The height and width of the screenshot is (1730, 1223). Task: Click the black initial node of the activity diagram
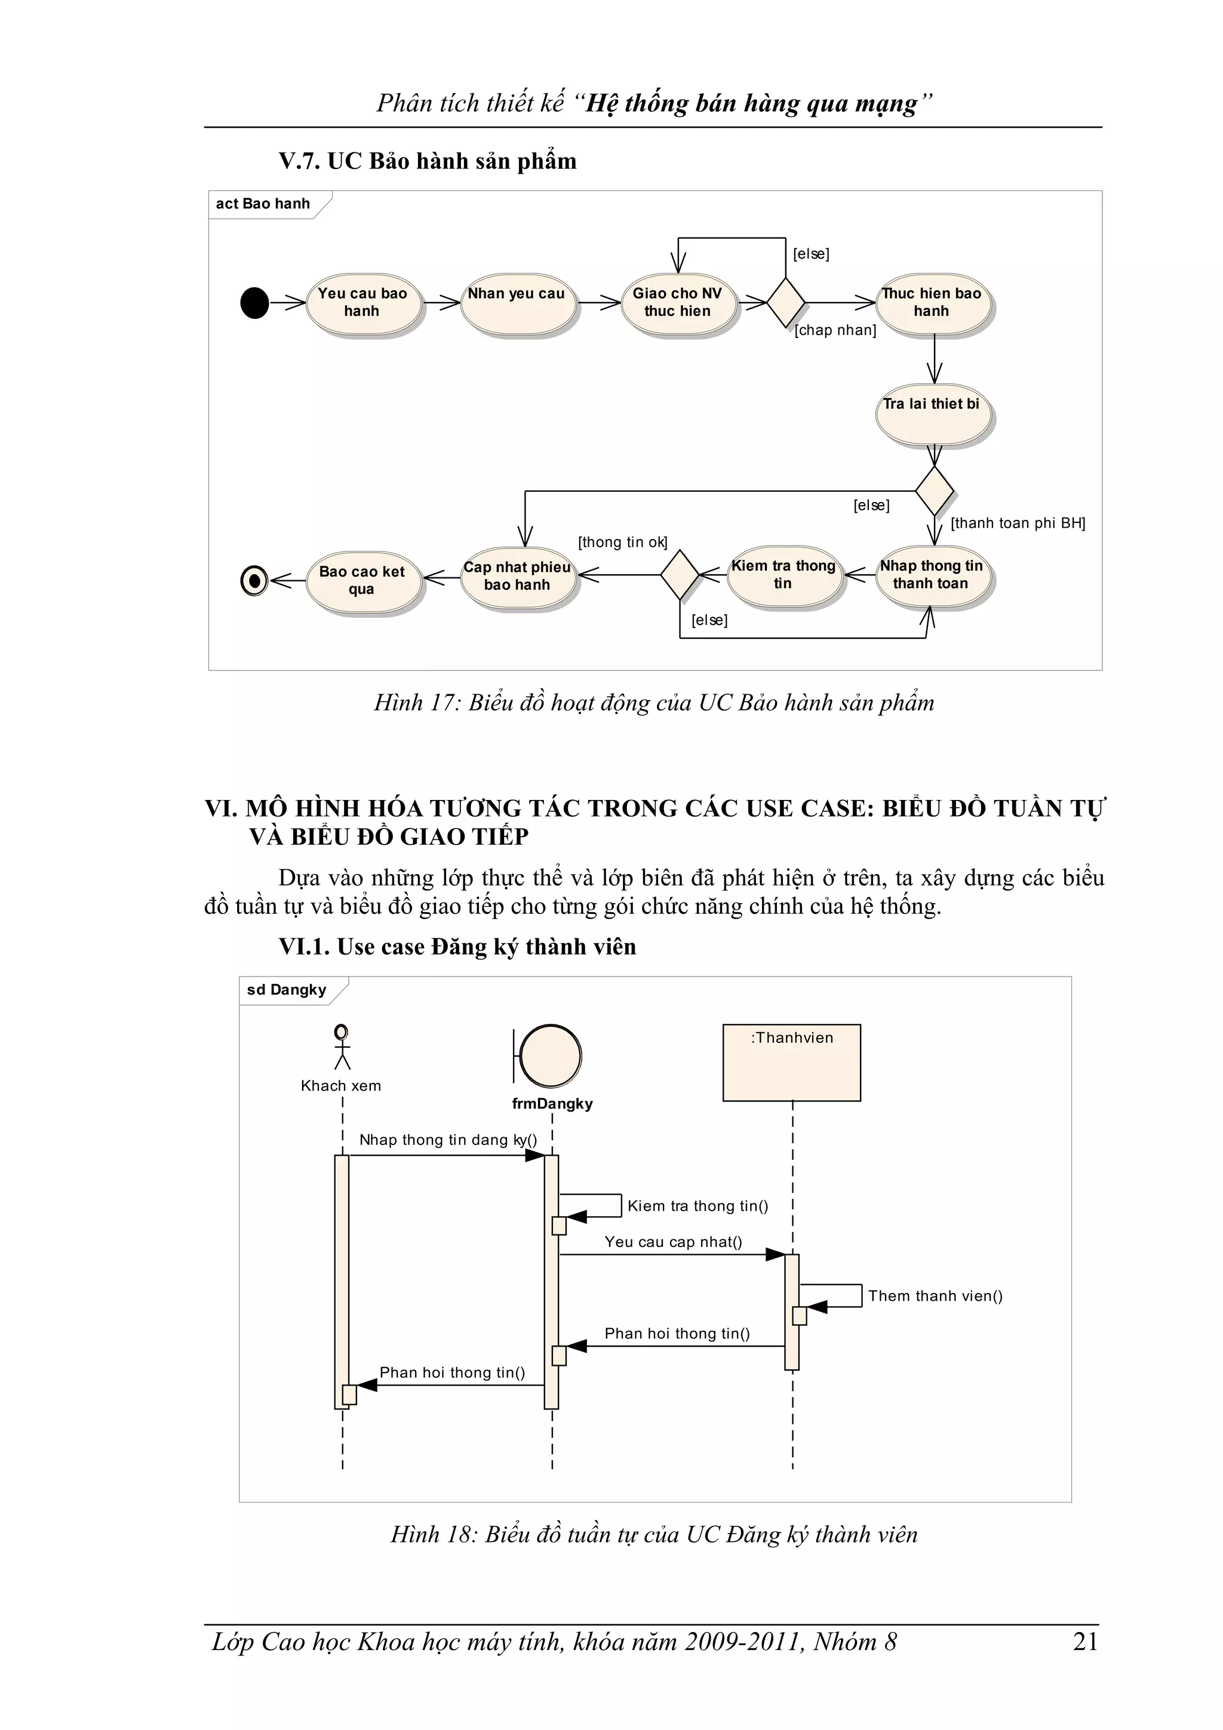click(255, 303)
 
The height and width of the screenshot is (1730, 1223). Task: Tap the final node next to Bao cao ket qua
click(255, 580)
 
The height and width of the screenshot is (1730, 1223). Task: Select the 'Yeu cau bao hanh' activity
click(362, 303)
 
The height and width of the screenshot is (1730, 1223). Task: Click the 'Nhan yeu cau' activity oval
click(517, 303)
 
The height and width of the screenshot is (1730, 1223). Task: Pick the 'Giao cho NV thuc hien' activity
click(677, 303)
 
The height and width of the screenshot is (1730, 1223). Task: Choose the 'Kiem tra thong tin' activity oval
click(783, 575)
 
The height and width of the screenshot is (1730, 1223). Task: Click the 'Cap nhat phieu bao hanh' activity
click(518, 577)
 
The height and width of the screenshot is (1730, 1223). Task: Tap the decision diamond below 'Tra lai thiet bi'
click(935, 491)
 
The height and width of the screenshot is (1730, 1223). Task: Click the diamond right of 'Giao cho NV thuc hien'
click(785, 303)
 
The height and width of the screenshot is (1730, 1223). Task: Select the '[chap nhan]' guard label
click(835, 330)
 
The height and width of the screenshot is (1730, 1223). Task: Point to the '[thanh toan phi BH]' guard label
click(1018, 523)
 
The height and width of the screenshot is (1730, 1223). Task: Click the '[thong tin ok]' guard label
click(622, 543)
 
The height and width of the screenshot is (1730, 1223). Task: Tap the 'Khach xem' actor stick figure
click(342, 1046)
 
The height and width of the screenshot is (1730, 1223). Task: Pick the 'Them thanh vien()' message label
click(935, 1296)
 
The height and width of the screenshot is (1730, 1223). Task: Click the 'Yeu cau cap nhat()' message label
click(673, 1242)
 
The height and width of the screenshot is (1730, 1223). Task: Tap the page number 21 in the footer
click(1085, 1641)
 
